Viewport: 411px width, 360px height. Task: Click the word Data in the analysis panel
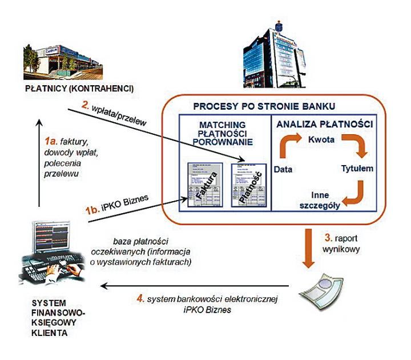[x=284, y=170]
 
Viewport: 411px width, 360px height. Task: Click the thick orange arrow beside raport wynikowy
[x=309, y=246]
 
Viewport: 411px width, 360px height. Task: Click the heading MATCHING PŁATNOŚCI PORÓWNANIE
[x=223, y=133]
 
